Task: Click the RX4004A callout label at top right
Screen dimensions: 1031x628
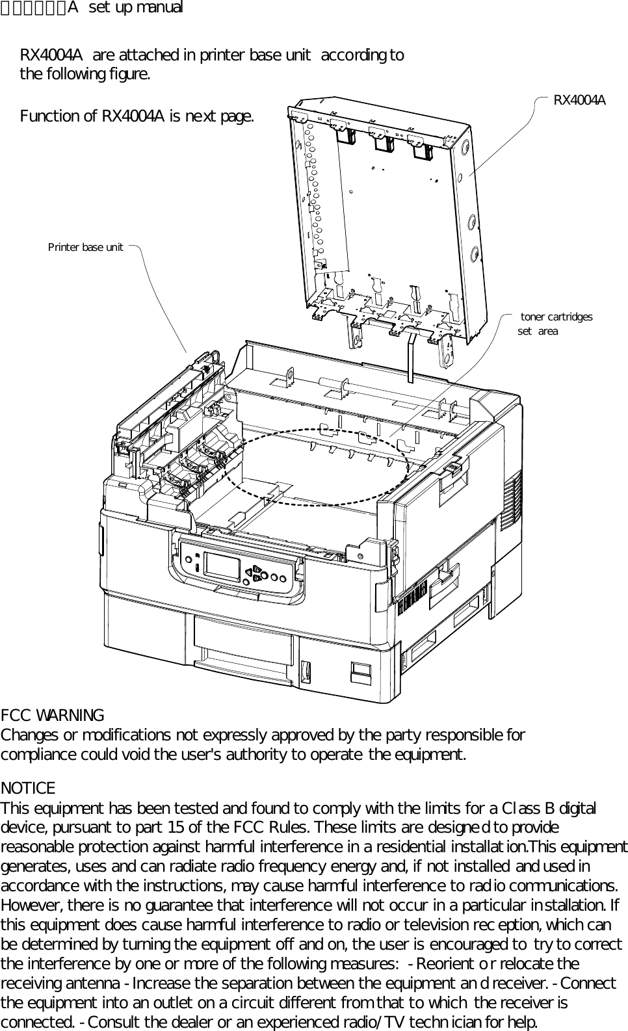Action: [579, 100]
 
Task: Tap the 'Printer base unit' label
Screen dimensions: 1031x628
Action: [85, 248]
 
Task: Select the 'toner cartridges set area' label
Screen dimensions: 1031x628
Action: [555, 324]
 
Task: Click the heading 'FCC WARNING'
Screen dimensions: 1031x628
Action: [52, 716]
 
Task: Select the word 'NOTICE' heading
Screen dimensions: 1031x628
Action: [28, 789]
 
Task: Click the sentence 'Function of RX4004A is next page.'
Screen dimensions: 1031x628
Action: [137, 117]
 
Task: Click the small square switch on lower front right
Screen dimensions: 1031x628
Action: [360, 671]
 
